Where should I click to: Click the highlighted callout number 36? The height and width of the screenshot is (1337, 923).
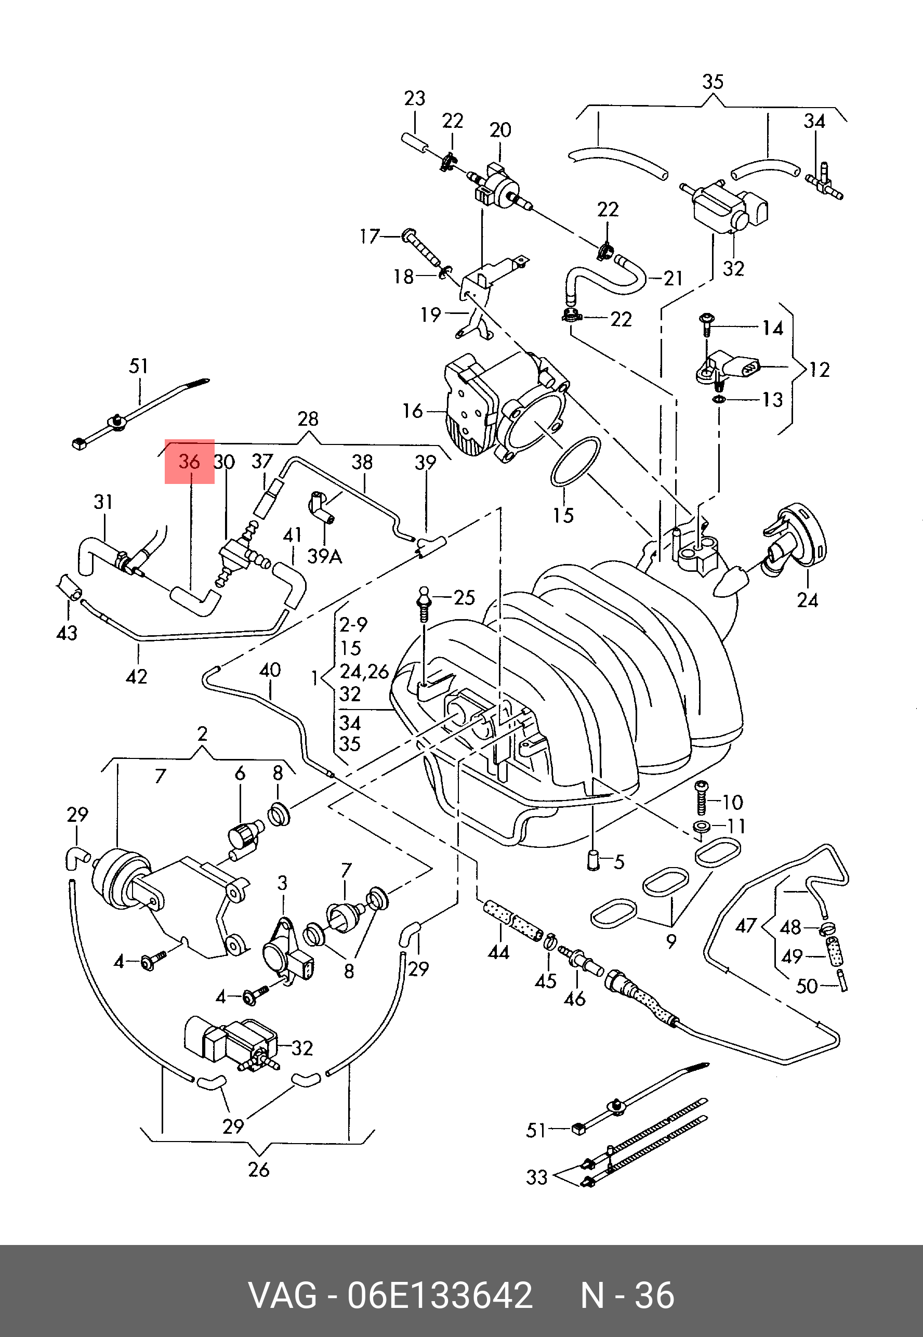coord(189,462)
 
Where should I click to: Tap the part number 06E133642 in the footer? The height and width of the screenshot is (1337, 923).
coord(440,1295)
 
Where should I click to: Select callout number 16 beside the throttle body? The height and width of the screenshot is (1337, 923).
coord(413,411)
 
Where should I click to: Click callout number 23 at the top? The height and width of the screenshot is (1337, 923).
coord(415,98)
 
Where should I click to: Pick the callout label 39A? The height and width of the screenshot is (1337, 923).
coord(324,556)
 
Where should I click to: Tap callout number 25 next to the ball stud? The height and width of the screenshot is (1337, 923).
coord(464,597)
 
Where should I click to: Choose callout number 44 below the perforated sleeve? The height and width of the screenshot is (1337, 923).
coord(498,952)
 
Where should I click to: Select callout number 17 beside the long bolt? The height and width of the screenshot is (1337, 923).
coord(370,237)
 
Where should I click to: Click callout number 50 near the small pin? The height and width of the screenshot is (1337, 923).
coord(807,986)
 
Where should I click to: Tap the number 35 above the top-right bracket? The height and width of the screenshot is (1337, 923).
coord(713,82)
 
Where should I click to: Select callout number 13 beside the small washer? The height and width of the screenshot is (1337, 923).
coord(773,400)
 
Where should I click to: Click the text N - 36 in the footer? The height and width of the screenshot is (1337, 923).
coord(627,1295)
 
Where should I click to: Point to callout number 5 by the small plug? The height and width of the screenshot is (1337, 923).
coord(619,862)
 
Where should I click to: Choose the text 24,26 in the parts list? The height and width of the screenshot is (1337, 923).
coord(364,672)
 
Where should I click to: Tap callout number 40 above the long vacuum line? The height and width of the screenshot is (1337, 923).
coord(270,670)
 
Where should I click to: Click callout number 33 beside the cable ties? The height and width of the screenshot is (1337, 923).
coord(537,1177)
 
